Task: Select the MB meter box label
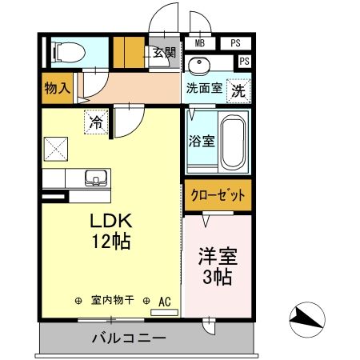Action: point(198,43)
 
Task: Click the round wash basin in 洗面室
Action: point(199,65)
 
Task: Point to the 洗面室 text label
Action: point(203,90)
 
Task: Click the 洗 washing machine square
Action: point(238,91)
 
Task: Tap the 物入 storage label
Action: point(58,88)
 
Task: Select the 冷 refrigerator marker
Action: point(96,123)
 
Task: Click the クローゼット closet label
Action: point(217,194)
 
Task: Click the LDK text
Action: point(110,220)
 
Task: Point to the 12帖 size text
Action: point(110,239)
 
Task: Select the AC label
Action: point(165,301)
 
